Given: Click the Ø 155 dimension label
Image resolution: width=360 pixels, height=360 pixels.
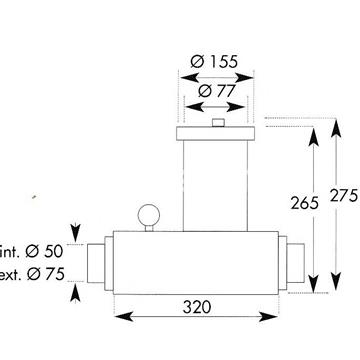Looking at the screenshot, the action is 214,62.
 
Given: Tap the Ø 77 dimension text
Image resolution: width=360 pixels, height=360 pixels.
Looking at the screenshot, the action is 217,91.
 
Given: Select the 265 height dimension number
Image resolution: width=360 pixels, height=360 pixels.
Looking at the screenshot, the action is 304,203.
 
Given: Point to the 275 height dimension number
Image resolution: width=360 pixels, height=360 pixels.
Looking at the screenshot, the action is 344,195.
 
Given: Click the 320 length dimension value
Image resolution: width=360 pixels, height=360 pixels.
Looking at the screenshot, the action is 197,307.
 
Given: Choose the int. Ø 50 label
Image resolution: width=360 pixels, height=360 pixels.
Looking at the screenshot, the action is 31,251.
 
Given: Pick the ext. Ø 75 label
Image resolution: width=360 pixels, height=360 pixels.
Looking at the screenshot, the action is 32,274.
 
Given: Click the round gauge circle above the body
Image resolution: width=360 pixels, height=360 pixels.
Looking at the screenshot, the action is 149,215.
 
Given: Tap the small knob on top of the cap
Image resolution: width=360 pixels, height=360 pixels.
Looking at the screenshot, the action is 218,122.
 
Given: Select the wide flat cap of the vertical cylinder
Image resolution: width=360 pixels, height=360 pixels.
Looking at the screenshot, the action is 215,133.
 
